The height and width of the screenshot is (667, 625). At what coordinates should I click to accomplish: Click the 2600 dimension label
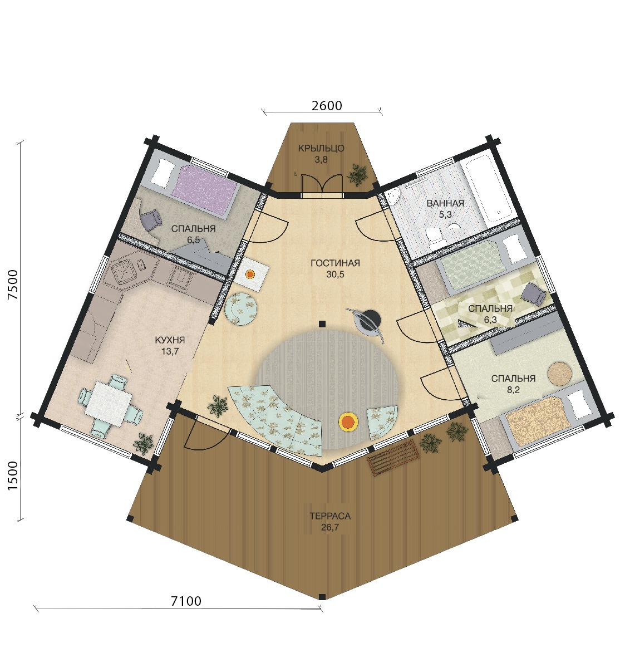click(x=327, y=105)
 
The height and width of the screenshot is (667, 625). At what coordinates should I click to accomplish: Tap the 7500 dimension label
click(x=13, y=285)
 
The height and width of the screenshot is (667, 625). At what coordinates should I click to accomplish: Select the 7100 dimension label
click(x=186, y=601)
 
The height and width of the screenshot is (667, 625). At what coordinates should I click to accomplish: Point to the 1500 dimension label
click(x=13, y=475)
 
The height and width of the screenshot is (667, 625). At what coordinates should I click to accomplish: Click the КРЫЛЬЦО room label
click(x=321, y=149)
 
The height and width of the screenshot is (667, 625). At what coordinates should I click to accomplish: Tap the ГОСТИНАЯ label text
click(x=335, y=263)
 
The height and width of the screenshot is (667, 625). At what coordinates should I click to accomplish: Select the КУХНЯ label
click(x=170, y=340)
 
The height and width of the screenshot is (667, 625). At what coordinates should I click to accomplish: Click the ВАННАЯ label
click(x=445, y=203)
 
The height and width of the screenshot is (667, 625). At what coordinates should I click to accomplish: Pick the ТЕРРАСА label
click(x=330, y=516)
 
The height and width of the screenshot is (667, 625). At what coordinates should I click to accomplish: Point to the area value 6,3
click(x=490, y=320)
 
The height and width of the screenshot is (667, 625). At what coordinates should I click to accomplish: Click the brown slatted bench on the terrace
click(x=394, y=458)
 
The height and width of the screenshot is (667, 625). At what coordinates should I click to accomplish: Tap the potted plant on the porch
click(x=357, y=174)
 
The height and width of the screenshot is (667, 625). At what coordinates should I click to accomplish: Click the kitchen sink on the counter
click(x=124, y=271)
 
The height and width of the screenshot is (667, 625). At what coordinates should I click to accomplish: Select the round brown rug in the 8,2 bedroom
click(x=559, y=373)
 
